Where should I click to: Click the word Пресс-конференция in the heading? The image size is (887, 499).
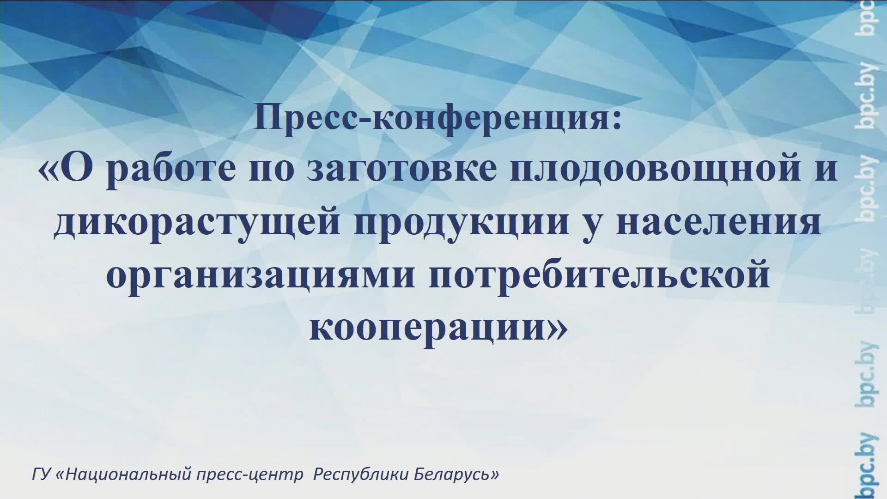pyautogui.click(x=432, y=117)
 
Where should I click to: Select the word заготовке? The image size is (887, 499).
pyautogui.click(x=401, y=169)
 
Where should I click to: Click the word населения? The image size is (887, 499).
pyautogui.click(x=718, y=222)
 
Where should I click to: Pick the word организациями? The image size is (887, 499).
pyautogui.click(x=261, y=275)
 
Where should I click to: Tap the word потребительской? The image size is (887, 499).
pyautogui.click(x=599, y=275)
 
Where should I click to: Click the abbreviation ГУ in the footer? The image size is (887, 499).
pyautogui.click(x=41, y=475)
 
